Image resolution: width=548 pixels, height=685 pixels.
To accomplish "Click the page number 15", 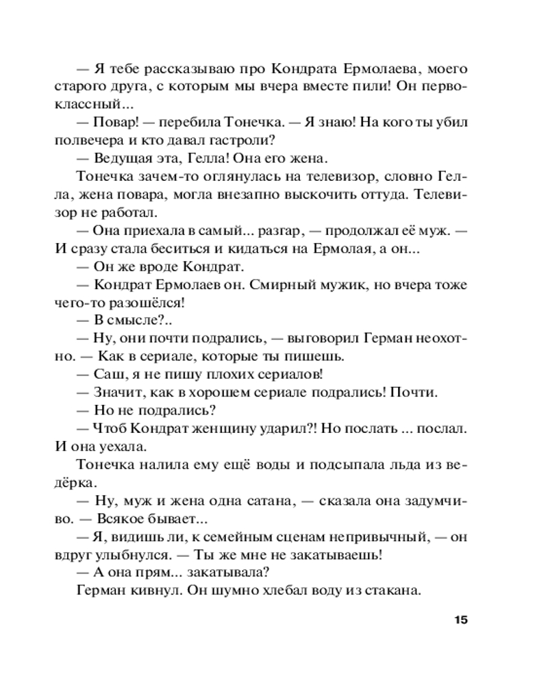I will [x=459, y=621].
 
